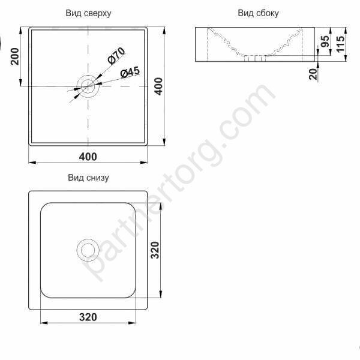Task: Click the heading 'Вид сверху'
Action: pyautogui.click(x=88, y=13)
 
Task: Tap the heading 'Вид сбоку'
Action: pyautogui.click(x=258, y=13)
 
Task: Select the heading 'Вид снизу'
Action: pyautogui.click(x=88, y=178)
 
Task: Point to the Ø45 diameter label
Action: pyautogui.click(x=130, y=73)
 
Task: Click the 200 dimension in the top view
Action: pyautogui.click(x=15, y=56)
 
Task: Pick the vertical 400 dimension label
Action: pyautogui.click(x=158, y=86)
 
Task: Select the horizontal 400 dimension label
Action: pyautogui.click(x=88, y=157)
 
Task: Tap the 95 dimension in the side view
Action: pyautogui.click(x=325, y=41)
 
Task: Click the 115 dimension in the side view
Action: pyautogui.click(x=341, y=44)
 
